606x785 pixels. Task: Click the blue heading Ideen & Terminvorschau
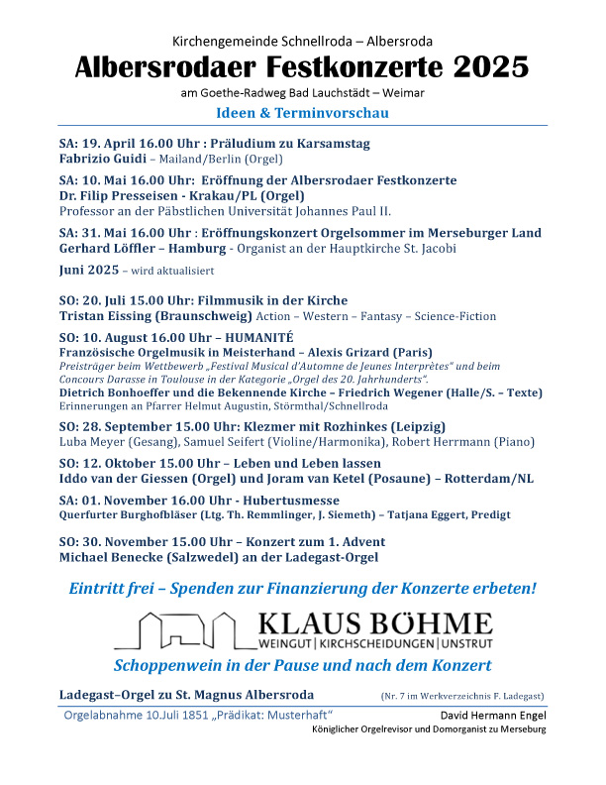pyautogui.click(x=302, y=113)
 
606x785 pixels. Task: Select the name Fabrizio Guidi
pyautogui.click(x=102, y=159)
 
